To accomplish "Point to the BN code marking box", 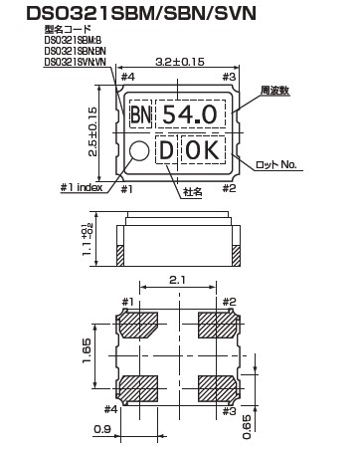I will tap(142, 114).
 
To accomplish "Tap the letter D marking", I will tap(167, 152).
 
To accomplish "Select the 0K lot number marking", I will tap(206, 152).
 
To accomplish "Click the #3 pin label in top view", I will tap(231, 77).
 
